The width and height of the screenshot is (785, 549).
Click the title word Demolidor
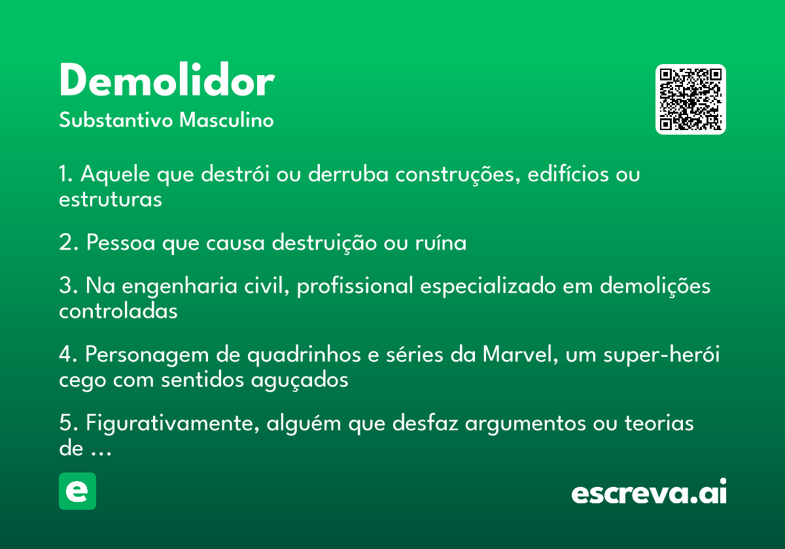[x=167, y=80]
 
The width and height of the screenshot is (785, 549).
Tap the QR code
[x=690, y=99]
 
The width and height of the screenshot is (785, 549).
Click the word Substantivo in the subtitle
[x=116, y=120]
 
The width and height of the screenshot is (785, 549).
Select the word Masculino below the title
[x=226, y=120]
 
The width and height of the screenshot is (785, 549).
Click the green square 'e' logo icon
[x=77, y=491]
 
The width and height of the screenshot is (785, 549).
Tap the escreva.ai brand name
[x=649, y=491]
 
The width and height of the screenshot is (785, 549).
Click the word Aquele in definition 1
[x=115, y=175]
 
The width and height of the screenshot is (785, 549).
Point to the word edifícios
[x=568, y=174]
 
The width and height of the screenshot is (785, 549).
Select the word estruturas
[x=111, y=200]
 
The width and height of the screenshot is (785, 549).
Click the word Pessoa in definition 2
[x=120, y=242]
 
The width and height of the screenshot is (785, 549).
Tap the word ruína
[x=441, y=242]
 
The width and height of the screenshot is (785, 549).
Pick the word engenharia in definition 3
[x=179, y=286]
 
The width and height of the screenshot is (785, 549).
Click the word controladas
[x=118, y=311]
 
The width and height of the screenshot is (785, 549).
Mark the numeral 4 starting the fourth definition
[x=66, y=354]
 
